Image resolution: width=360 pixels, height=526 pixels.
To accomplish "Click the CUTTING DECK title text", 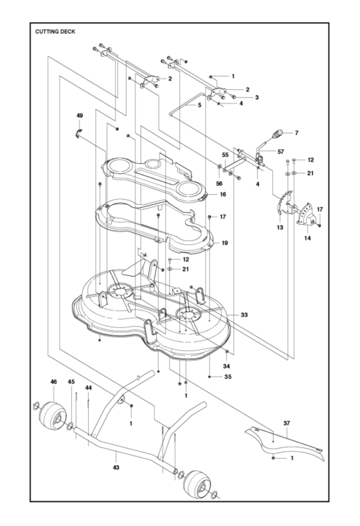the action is (x=55, y=32).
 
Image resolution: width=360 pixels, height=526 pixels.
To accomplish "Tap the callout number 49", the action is (x=80, y=116).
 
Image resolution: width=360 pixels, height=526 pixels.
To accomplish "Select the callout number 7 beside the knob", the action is (x=296, y=133).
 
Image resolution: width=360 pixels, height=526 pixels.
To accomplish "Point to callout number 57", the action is (x=281, y=152).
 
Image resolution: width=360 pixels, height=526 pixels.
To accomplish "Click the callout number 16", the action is (x=223, y=195).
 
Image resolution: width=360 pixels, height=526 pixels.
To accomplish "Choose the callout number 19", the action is (x=225, y=243).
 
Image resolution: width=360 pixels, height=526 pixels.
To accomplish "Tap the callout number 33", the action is (x=245, y=315).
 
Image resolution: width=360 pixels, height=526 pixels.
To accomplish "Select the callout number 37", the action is (x=287, y=424).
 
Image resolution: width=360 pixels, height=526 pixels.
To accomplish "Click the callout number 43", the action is (x=116, y=467).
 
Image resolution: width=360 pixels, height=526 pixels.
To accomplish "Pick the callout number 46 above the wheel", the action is (x=54, y=382).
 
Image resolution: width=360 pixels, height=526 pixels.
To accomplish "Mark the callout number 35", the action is (x=228, y=377).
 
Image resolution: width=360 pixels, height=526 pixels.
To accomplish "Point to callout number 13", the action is (x=280, y=227).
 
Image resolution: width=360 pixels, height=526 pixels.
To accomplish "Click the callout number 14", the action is (x=308, y=238).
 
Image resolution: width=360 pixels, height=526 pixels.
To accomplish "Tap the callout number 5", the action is (x=200, y=105).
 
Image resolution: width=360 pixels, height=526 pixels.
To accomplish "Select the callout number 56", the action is (x=219, y=184).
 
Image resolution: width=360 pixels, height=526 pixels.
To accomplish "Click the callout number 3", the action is (x=257, y=98).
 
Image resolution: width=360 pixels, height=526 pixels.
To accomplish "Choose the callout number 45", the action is (x=71, y=382).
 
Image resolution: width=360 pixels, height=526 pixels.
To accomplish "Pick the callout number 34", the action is (x=226, y=366).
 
